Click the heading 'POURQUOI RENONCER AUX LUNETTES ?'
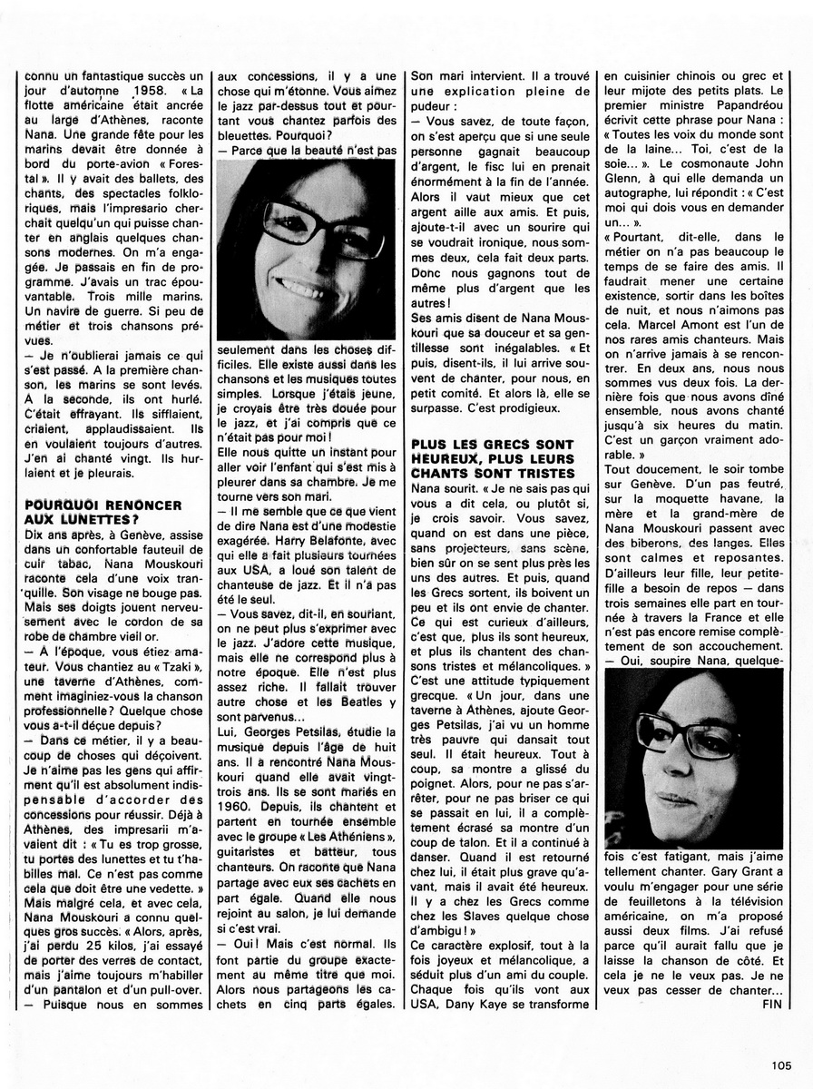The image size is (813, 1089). [91, 511]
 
